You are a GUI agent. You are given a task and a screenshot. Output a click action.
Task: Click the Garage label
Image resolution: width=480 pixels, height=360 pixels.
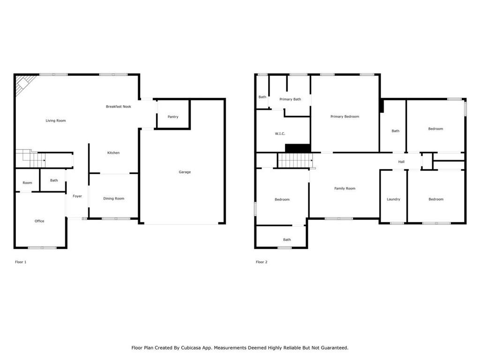pos(185,172)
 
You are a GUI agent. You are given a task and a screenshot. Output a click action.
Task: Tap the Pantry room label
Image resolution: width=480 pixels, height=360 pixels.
pos(173,117)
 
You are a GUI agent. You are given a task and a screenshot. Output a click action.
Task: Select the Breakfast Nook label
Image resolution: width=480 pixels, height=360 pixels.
pos(119,106)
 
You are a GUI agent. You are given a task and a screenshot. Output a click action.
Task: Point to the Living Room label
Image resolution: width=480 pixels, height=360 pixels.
pos(56,120)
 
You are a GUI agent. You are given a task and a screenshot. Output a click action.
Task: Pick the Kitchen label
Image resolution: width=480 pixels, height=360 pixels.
pos(113,153)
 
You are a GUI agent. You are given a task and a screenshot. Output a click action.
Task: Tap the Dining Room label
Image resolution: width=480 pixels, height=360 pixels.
pos(113,198)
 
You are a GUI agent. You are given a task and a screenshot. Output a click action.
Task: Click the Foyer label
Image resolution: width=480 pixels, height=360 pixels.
pos(77,196)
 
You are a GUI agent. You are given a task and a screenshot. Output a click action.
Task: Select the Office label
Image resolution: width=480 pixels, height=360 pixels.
pos(39,221)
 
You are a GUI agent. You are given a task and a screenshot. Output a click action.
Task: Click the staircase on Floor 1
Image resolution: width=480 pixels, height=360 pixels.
pos(30,158)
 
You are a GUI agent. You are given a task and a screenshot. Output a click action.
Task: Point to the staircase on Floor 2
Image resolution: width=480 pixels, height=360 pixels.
pos(295,160)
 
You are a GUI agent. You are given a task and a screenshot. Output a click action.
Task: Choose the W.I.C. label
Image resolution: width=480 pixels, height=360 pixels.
pos(280,134)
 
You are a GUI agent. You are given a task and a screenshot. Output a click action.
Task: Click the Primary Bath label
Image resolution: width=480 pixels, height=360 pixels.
pos(290,99)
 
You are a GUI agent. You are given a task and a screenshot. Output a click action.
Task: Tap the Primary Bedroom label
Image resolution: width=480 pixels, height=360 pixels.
pos(345,117)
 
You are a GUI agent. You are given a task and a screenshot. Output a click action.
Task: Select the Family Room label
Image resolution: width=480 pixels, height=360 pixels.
pos(345,188)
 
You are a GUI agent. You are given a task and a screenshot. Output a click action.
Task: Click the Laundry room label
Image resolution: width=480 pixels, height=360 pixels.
pos(393,199)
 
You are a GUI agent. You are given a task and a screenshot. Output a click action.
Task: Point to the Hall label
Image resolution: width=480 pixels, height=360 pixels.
pos(401,162)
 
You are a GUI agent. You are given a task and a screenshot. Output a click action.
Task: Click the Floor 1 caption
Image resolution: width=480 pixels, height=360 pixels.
pos(21,262)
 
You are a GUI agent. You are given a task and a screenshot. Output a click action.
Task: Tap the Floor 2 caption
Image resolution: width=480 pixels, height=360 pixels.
pos(262,262)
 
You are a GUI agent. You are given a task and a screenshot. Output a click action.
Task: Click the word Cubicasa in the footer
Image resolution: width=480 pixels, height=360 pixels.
pos(191,348)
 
